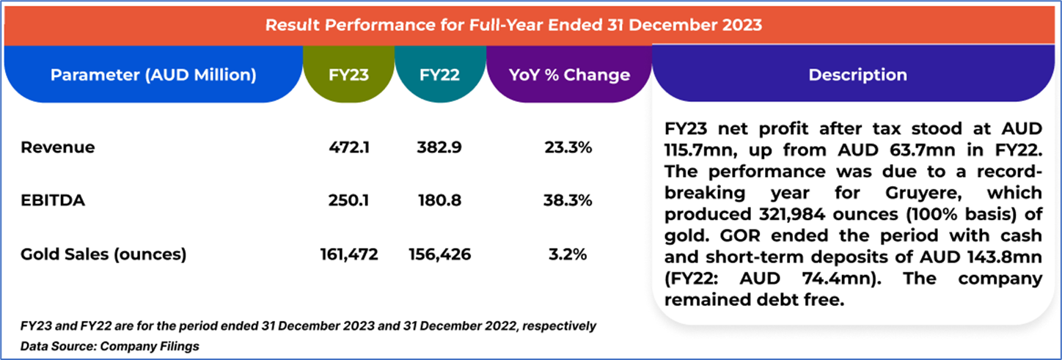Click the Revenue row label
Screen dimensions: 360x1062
58,147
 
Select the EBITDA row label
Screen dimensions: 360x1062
54,201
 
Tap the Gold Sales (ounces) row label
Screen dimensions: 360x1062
103,254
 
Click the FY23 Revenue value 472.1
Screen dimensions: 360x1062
349,147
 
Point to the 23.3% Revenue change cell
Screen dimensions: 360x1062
569,147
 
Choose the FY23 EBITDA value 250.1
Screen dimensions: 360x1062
349,201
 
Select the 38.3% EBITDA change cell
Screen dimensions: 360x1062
569,201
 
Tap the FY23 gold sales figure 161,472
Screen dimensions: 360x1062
349,254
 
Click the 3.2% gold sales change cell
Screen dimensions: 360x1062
569,254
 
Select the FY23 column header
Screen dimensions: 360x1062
349,75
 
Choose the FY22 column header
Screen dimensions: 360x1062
440,75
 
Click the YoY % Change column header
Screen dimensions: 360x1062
569,75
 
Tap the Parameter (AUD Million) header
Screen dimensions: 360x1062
153,75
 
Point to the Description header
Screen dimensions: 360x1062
857,75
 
